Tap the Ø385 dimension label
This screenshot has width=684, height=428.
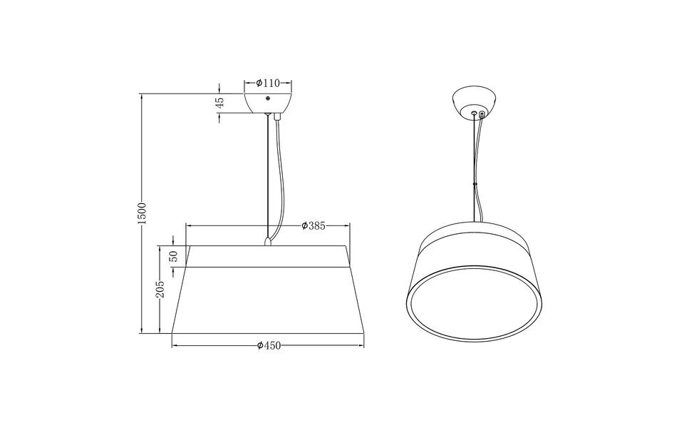(x=313, y=225)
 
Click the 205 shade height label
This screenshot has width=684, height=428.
(x=160, y=289)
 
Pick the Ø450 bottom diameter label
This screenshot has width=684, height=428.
(x=269, y=346)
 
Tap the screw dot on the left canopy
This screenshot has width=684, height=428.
(x=267, y=98)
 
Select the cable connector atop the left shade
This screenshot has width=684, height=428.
(x=267, y=241)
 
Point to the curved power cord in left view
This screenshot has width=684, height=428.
(x=284, y=178)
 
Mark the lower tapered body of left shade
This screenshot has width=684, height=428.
(x=267, y=300)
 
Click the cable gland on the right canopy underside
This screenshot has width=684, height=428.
(x=482, y=113)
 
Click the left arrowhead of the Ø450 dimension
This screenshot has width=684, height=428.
(x=175, y=346)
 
